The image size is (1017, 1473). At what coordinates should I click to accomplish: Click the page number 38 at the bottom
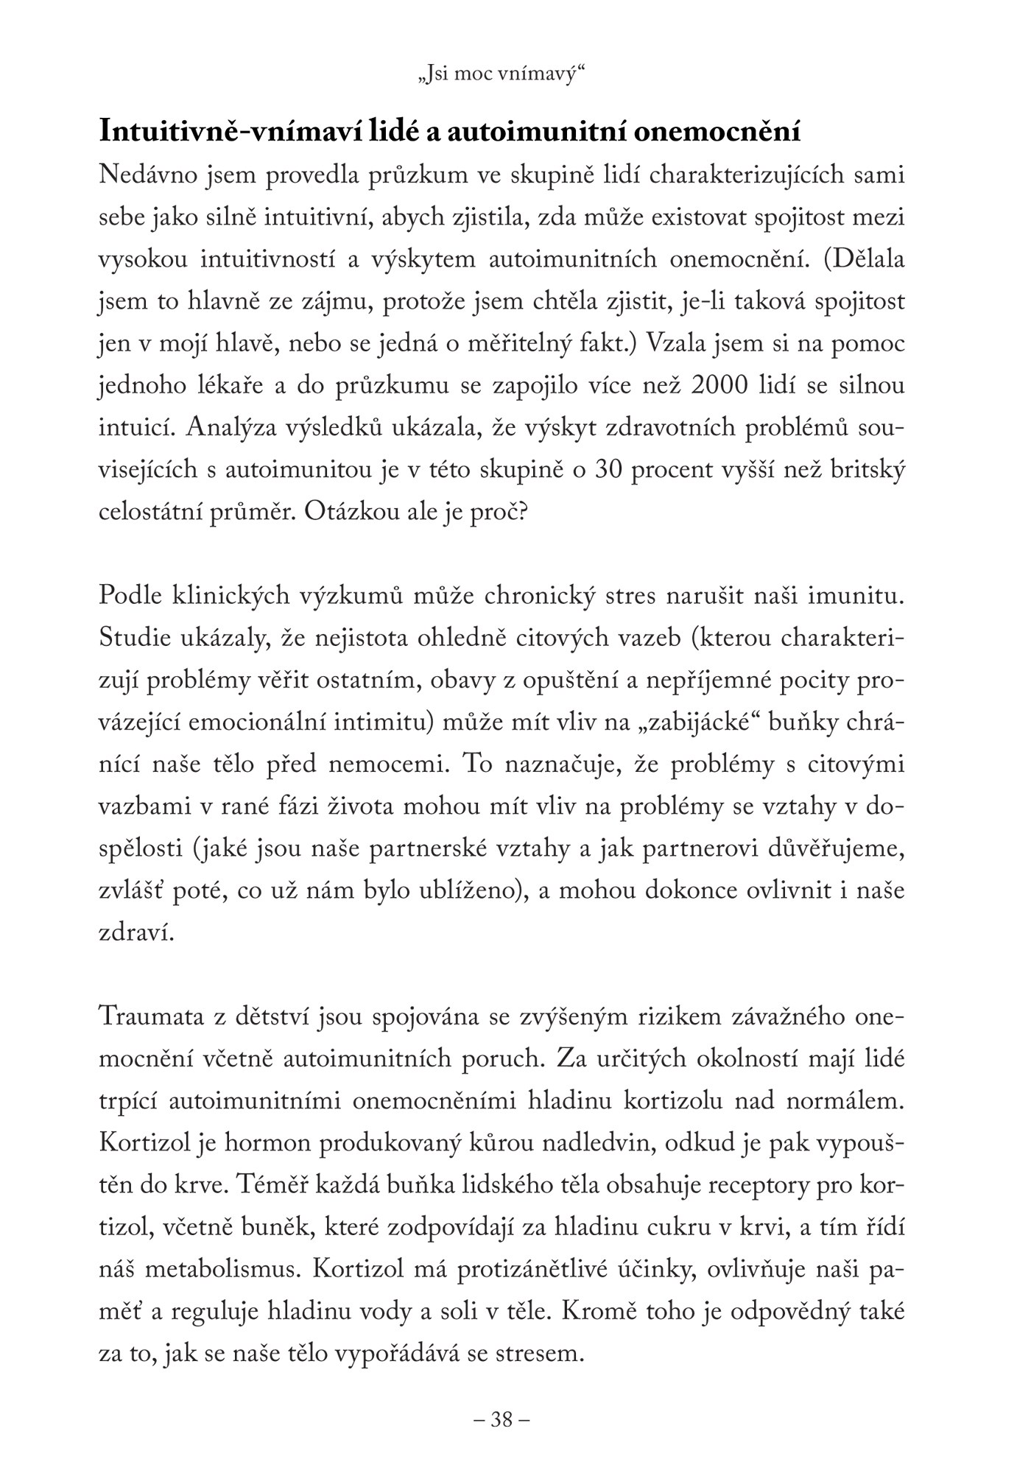tap(502, 1418)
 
